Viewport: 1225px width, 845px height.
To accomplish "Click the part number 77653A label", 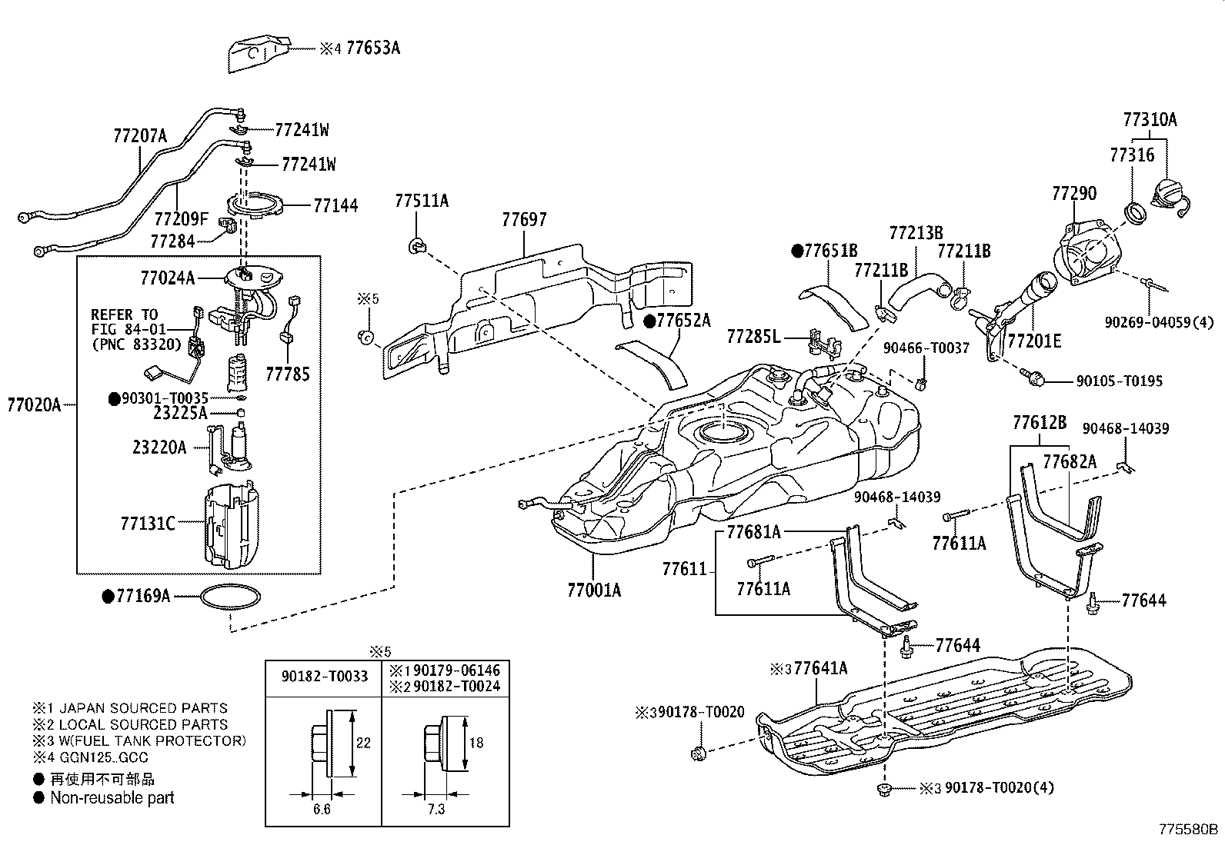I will point(372,48).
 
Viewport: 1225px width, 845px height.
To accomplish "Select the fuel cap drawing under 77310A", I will point(1169,192).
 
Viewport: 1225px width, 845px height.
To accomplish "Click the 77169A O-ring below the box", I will point(230,597).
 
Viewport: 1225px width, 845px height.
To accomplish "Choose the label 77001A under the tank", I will point(593,590).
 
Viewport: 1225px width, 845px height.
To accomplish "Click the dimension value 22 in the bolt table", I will point(364,743).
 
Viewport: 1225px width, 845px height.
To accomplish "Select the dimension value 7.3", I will point(436,810).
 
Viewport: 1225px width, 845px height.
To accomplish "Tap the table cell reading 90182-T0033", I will point(324,677).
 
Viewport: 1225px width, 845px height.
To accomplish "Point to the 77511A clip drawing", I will point(416,246).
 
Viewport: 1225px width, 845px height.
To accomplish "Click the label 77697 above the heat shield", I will point(524,220).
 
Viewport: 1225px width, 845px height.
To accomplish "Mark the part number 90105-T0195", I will point(1119,381).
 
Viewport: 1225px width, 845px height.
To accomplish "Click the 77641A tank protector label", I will point(819,668).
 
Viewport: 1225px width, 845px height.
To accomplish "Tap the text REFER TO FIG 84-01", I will point(125,322).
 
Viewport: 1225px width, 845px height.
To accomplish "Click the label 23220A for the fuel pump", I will point(159,447).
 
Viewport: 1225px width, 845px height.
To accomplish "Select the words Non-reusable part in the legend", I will point(112,798).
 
